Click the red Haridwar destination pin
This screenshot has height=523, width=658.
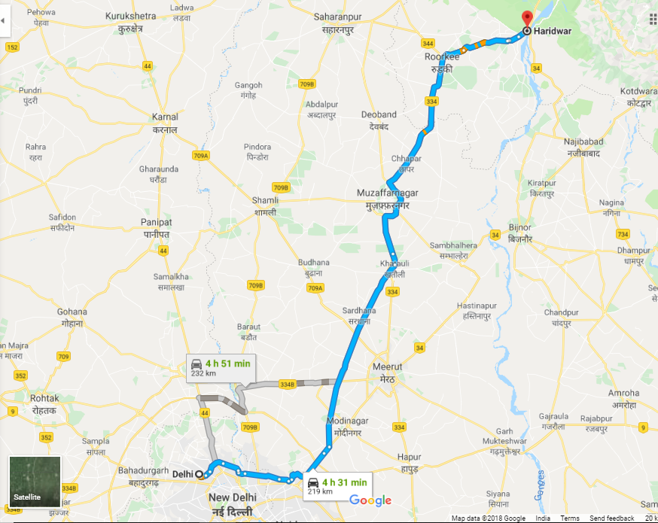pos(527,20)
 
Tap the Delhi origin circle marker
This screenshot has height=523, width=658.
pos(199,474)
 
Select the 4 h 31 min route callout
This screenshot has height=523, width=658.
pos(336,486)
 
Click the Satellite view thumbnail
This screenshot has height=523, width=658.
pos(35,479)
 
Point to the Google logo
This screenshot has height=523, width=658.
pos(370,500)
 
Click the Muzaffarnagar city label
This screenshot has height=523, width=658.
pos(387,199)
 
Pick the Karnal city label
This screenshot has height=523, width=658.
pos(165,123)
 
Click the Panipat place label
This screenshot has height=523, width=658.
pos(157,227)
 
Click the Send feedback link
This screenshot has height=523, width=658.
pos(611,518)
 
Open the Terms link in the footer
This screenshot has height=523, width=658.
pos(570,518)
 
